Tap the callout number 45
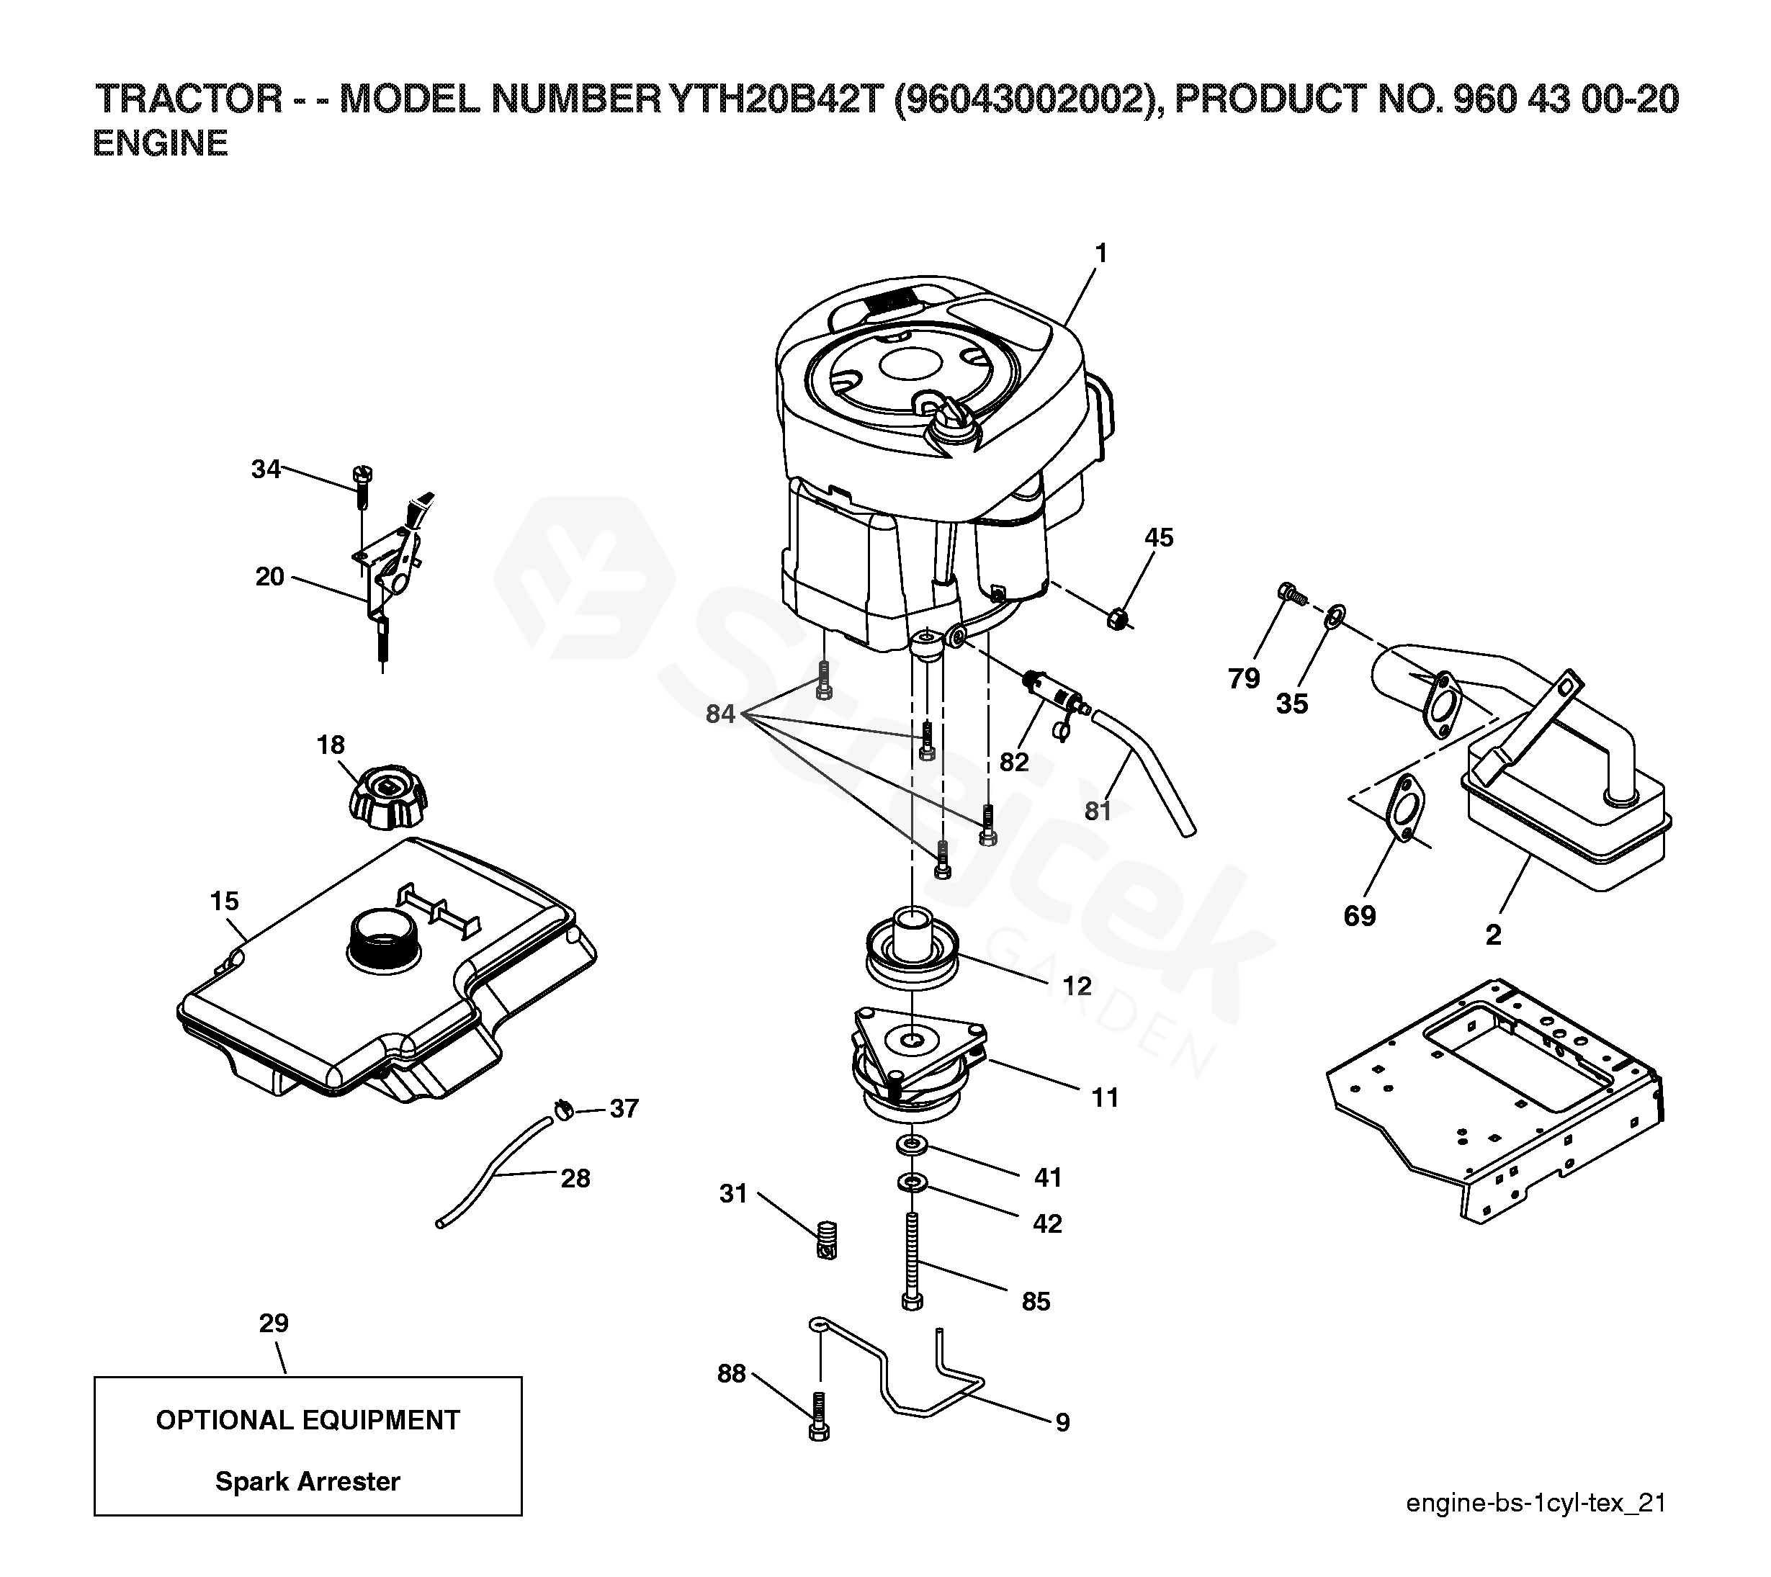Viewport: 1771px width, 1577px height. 1158,537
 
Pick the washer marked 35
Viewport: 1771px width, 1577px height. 1335,617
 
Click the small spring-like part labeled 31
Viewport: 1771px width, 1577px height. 828,1240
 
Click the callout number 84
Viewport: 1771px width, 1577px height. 720,714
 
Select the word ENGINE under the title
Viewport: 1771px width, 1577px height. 161,144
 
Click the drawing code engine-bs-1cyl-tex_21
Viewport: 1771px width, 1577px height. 1535,1527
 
